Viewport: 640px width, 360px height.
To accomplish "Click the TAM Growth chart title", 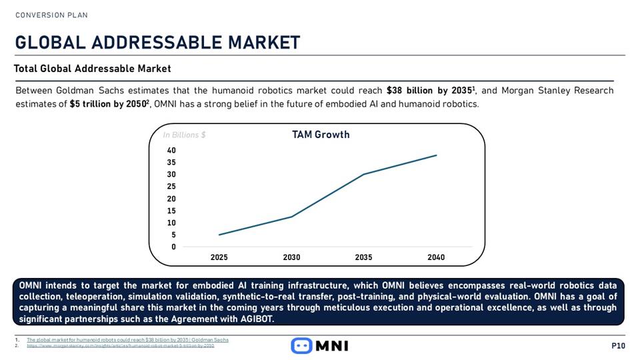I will [321, 135].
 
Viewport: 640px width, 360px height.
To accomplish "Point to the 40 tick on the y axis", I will [171, 150].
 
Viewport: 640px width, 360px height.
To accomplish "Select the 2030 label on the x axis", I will [291, 257].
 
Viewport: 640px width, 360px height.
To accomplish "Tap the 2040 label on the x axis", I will [436, 257].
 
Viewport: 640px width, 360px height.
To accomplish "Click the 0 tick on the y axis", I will [173, 247].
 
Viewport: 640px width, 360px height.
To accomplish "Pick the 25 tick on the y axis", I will [171, 187].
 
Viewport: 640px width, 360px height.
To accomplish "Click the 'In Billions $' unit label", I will [184, 135].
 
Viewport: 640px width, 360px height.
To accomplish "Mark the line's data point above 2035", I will [363, 175].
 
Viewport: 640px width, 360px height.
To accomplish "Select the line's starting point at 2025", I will [219, 235].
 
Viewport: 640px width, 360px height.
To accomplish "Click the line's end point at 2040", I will [436, 155].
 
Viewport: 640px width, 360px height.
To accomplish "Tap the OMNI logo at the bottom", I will [320, 345].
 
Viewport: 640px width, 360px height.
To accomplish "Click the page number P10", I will [618, 345].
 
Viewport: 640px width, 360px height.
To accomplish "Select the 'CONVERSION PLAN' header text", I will [51, 15].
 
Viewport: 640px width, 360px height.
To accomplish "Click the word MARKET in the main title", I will [264, 43].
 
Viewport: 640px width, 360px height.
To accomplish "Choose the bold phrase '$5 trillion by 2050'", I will [109, 104].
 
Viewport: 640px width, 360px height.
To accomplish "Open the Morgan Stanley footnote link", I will [120, 346].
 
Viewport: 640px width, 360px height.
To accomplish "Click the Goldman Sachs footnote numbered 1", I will [127, 339].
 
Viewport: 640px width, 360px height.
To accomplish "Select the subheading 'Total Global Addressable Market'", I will [93, 69].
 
